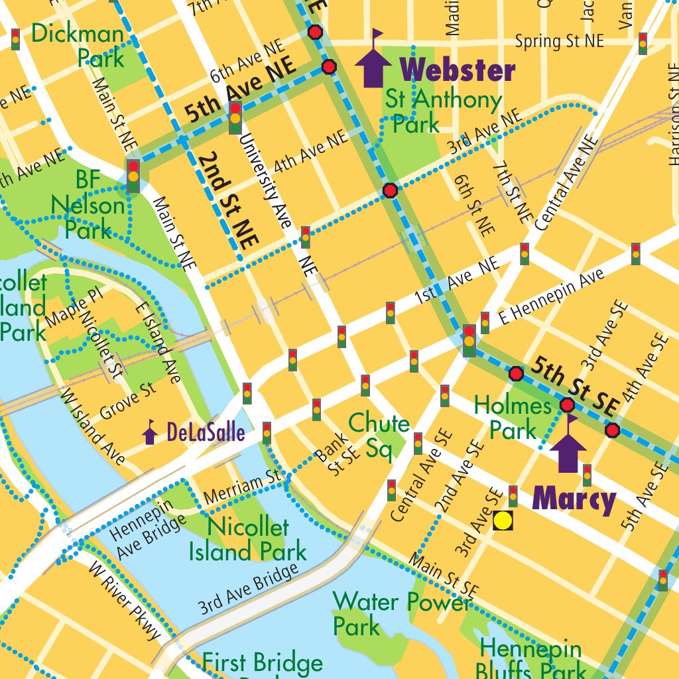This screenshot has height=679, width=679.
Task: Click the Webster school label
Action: [458, 70]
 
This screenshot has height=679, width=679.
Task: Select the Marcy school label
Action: [574, 499]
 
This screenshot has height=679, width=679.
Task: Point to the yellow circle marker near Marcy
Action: [503, 521]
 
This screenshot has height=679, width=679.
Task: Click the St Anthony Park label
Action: [443, 111]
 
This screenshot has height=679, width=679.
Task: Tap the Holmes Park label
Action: [514, 417]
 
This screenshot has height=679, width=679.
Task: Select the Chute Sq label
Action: [379, 435]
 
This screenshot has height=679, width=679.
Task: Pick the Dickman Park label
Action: [78, 45]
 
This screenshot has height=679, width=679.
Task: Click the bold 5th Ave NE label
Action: [240, 94]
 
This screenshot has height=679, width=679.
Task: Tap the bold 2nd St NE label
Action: [227, 200]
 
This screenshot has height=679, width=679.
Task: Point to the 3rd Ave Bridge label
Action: [248, 589]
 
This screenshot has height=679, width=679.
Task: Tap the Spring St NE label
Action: [560, 41]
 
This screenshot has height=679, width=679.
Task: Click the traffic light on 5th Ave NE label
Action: [235, 118]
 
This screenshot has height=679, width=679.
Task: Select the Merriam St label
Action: [243, 486]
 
